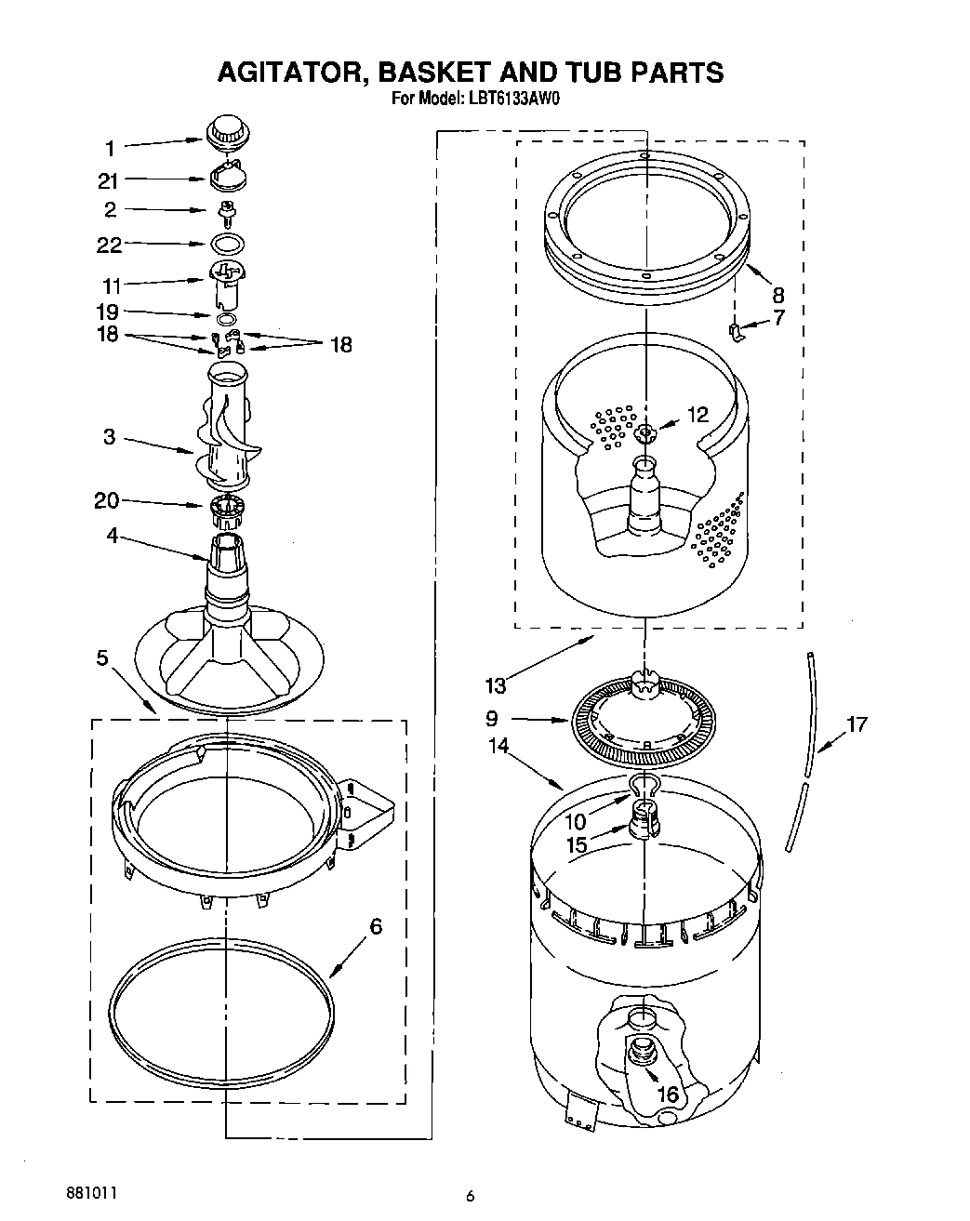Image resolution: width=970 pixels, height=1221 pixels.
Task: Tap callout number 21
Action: coord(110,180)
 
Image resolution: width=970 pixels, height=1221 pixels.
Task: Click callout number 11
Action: coord(111,286)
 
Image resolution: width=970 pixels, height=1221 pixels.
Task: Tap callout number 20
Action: coord(106,501)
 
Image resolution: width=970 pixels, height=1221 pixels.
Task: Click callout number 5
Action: coord(103,658)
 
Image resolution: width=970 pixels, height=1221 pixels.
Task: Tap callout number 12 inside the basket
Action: coord(698,415)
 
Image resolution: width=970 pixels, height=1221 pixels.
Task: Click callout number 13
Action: coord(495,685)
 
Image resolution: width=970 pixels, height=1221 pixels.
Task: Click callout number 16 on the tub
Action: coord(668,1094)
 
